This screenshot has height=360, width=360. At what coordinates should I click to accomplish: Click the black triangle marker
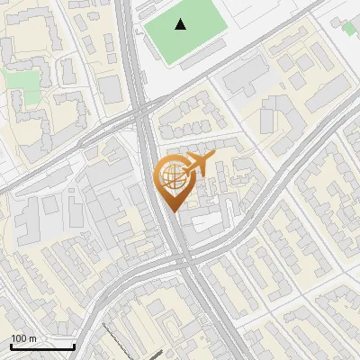pos(182,24)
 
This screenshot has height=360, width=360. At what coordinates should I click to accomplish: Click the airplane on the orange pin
pos(196,164)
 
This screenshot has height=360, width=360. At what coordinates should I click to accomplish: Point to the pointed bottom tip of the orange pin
pos(172,211)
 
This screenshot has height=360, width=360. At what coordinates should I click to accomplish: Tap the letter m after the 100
pos(32,338)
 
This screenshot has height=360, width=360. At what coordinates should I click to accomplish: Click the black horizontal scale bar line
pos(42,346)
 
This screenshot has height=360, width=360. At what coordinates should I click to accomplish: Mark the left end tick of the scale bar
pos(11,344)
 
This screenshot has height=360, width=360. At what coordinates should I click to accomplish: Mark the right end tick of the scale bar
pos(74,344)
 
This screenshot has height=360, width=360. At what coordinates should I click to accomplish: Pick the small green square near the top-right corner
pos(349,29)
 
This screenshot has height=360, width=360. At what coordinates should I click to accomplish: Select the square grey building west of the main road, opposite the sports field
pos(111,88)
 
